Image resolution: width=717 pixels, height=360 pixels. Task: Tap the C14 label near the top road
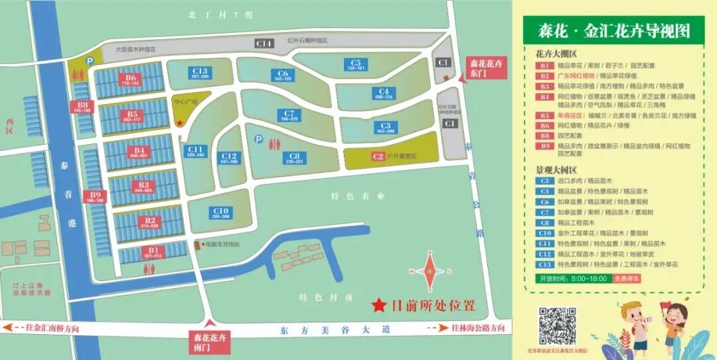[x=264, y=43]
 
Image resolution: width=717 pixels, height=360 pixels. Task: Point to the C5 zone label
[x=356, y=64]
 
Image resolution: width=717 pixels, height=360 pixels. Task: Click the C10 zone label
[x=220, y=213]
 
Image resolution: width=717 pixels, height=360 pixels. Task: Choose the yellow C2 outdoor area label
[x=378, y=157]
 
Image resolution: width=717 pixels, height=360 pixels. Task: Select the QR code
[x=556, y=325]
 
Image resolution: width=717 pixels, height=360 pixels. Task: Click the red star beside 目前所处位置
[x=378, y=306]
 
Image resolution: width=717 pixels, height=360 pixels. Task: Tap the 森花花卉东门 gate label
[x=486, y=67]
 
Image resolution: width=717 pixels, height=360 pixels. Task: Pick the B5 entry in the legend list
[x=544, y=116]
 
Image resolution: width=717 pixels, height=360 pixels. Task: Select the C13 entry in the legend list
[x=544, y=264]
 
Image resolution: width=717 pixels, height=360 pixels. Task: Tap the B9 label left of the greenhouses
[x=95, y=197]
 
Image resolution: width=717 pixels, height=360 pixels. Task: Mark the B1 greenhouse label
[x=153, y=252]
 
